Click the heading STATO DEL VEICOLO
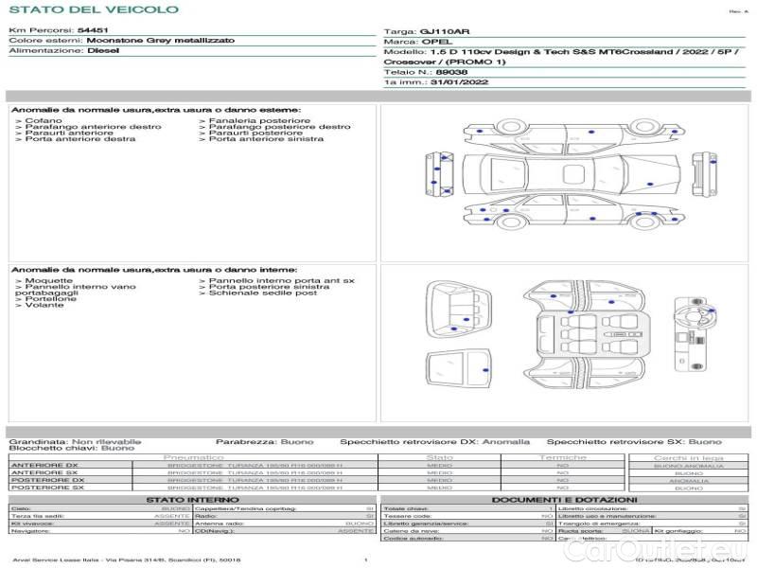94,9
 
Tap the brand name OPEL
432,42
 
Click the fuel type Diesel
103,51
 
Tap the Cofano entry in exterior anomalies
44,121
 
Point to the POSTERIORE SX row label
46,488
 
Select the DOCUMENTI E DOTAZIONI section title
564,499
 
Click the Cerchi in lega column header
688,457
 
